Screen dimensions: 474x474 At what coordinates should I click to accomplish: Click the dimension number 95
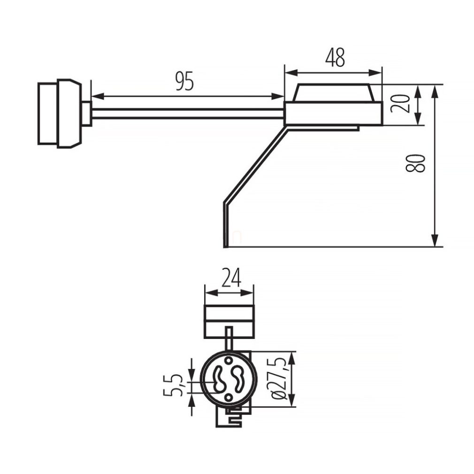pos(184,82)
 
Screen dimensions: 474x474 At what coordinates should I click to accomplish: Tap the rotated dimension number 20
pos(400,103)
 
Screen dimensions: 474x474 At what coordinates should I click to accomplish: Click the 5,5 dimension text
pos(177,385)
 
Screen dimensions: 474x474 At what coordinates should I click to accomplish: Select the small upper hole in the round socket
pos(228,360)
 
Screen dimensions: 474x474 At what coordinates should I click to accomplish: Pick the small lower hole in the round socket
pos(228,397)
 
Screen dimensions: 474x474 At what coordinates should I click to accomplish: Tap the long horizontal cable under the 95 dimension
pos(188,113)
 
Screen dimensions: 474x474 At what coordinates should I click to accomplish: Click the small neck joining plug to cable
pos(86,113)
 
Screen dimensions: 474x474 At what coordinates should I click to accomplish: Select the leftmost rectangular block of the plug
pos(47,113)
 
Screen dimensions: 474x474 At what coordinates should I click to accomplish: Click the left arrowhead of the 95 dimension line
pos(97,96)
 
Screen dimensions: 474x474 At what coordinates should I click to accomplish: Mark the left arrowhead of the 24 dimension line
pos(210,293)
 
